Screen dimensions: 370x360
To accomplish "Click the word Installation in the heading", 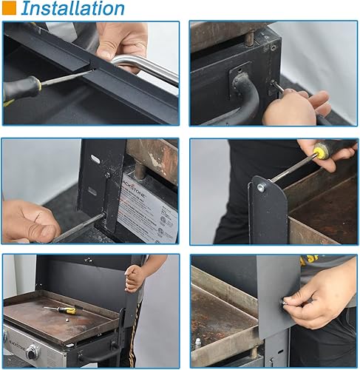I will tap(72, 9).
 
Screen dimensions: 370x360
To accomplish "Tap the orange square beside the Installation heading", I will tap(9, 9).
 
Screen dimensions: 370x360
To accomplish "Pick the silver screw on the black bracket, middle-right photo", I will tap(260, 187).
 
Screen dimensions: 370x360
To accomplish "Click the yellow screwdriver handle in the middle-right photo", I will tap(319, 152).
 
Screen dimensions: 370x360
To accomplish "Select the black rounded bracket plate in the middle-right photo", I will tap(268, 211).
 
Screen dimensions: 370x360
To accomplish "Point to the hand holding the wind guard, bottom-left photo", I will tap(135, 278).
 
